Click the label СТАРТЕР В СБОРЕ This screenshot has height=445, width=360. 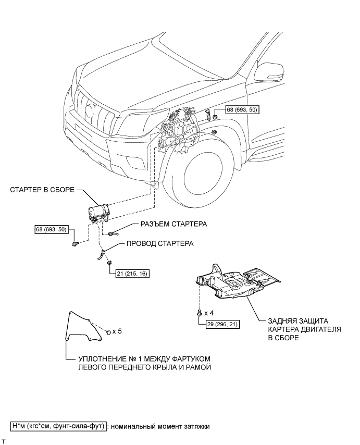(x=42, y=190)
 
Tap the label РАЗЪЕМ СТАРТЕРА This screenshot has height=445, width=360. (x=174, y=224)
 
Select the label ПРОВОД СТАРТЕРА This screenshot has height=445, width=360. (x=160, y=243)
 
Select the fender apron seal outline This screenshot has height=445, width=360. (x=84, y=326)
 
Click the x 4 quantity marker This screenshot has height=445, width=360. (x=209, y=313)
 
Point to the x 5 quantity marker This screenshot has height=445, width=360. (x=117, y=331)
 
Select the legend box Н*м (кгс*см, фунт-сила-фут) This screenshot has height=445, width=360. (x=58, y=426)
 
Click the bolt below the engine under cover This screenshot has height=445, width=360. (x=200, y=313)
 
